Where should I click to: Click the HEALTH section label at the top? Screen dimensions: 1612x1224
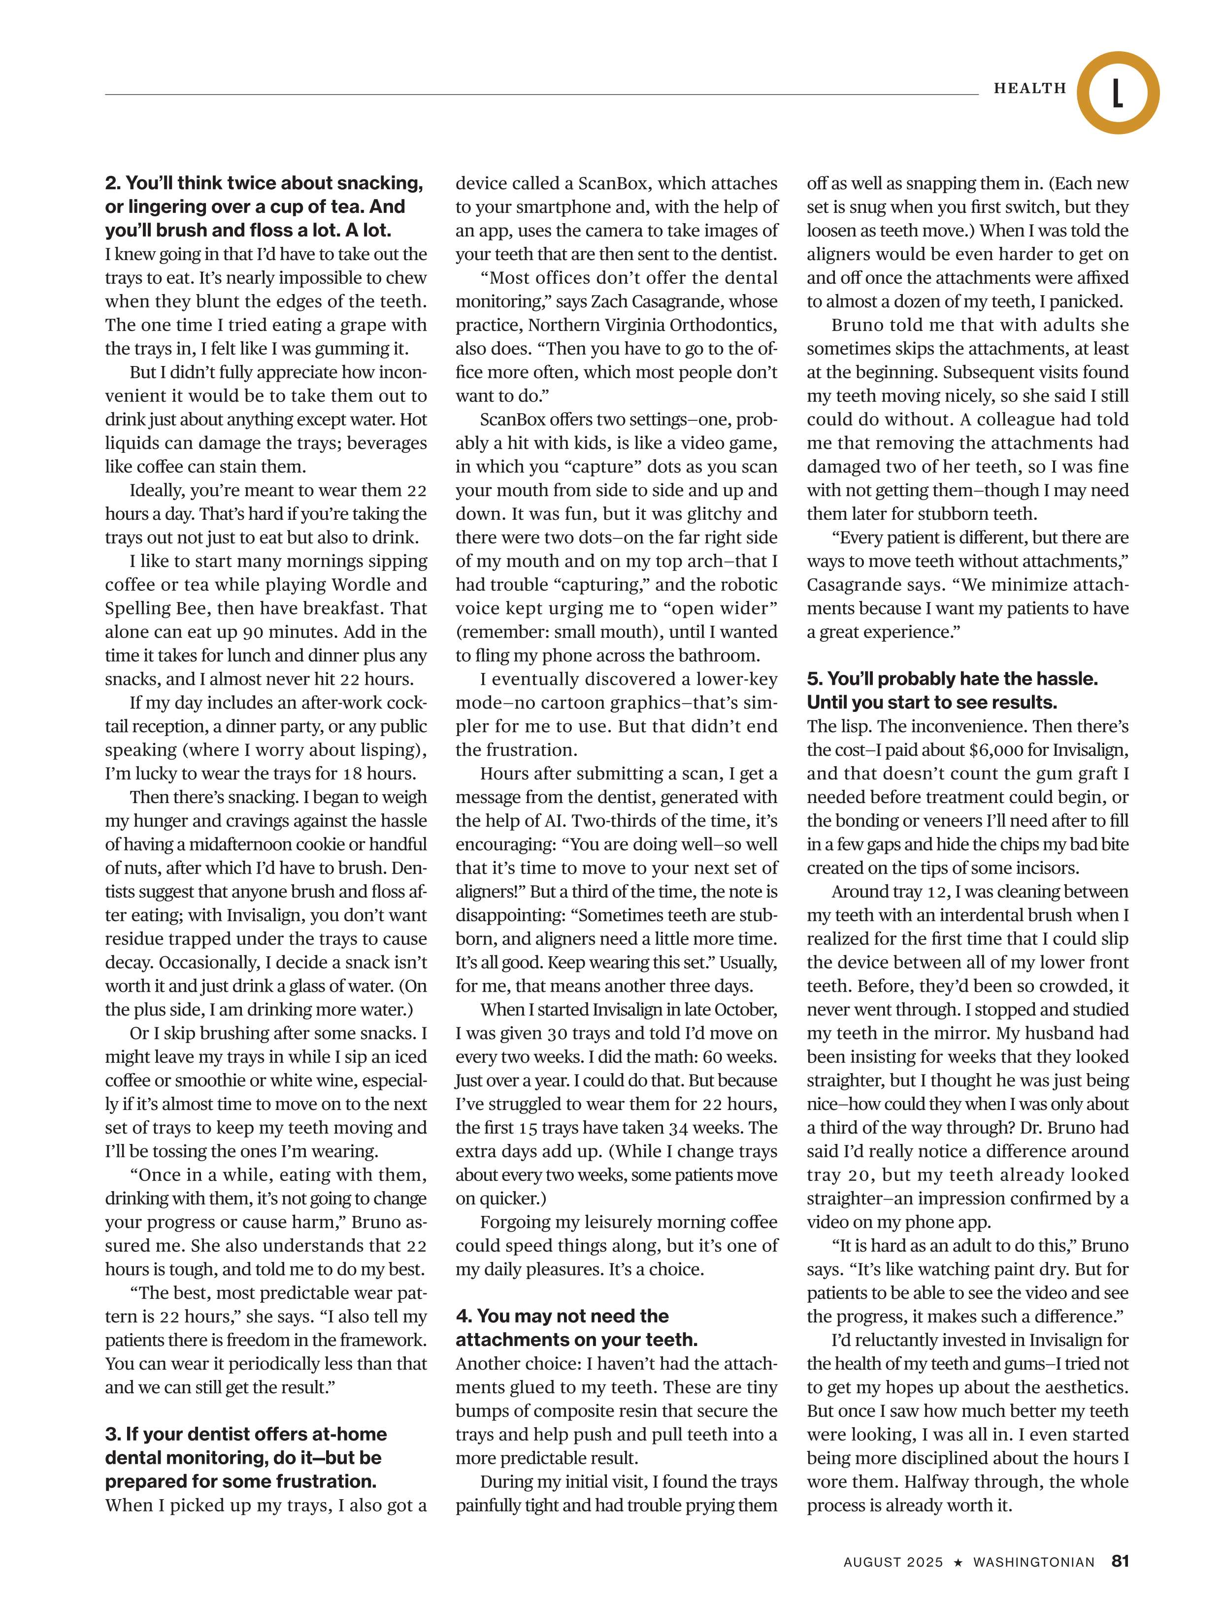1029,88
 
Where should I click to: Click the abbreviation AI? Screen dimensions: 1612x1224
554,821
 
